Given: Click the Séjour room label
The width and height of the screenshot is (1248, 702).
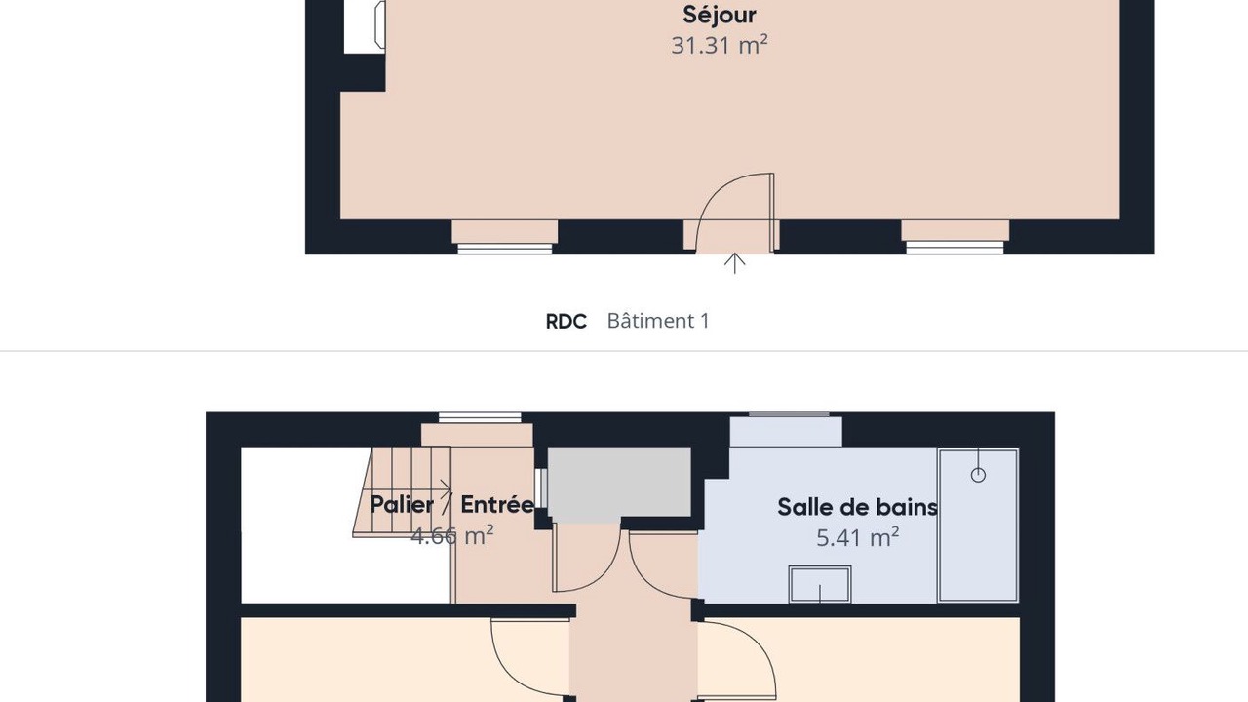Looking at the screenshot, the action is point(720,15).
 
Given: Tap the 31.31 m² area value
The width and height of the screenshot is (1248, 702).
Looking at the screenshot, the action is point(720,45).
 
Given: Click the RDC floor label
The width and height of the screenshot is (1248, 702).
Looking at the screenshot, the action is point(566,322).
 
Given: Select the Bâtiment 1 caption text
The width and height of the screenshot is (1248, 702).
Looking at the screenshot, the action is point(658,321).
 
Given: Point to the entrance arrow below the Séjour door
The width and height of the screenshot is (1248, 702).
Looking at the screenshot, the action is point(735,263).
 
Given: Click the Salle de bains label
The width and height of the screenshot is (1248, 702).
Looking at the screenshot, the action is point(857,507).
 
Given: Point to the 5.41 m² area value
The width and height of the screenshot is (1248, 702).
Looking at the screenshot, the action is point(857,537).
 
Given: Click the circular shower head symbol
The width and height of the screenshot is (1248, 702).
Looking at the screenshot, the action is point(978,475).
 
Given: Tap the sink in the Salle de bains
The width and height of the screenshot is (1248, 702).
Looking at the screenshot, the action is point(820,584).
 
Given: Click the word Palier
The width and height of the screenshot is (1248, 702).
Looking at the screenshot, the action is point(402,505).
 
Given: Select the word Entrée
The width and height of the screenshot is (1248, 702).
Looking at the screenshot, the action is point(497,504).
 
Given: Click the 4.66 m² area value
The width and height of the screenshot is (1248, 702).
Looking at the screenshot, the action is point(451,535).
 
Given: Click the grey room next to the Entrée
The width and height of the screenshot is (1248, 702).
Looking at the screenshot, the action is point(619,482).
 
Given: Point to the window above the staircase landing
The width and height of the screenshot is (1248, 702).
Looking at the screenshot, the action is point(480,418).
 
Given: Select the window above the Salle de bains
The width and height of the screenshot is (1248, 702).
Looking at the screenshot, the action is point(789,414).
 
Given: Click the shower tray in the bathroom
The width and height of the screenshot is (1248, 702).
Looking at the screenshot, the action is point(979,526).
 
